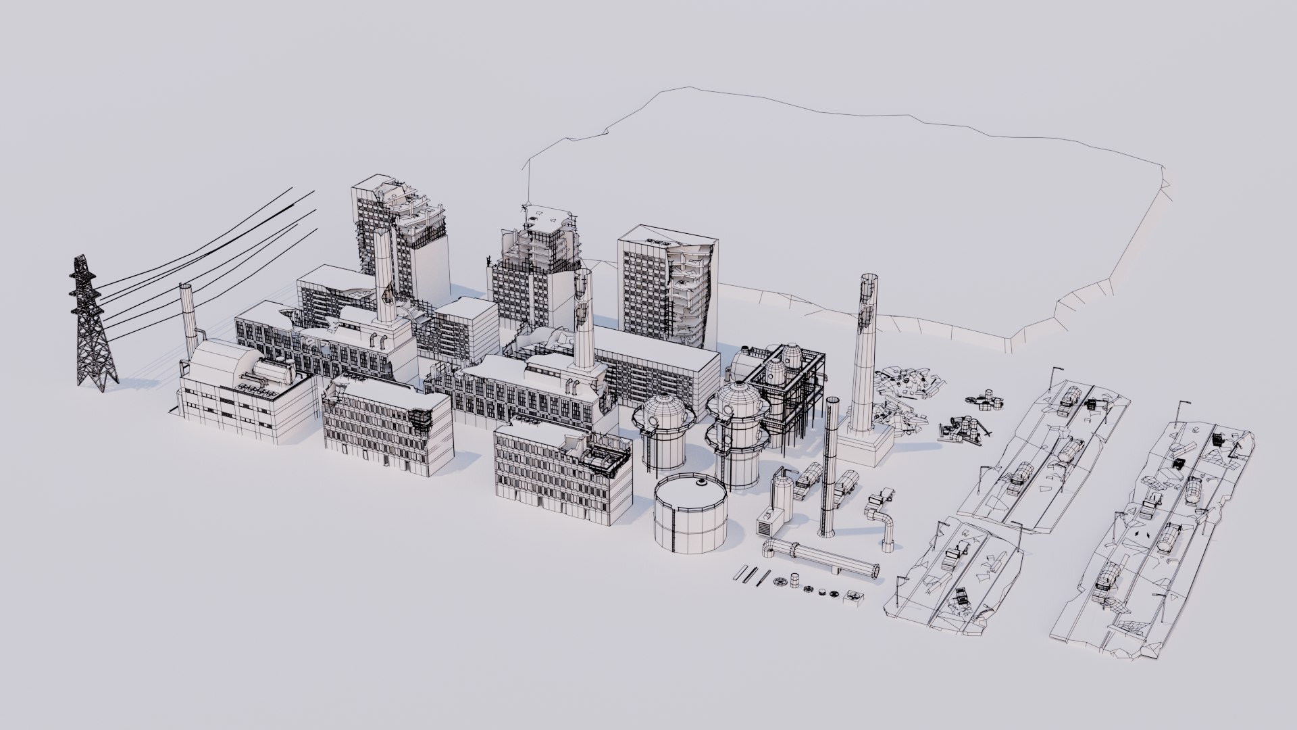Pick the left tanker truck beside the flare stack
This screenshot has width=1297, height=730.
[809, 481]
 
